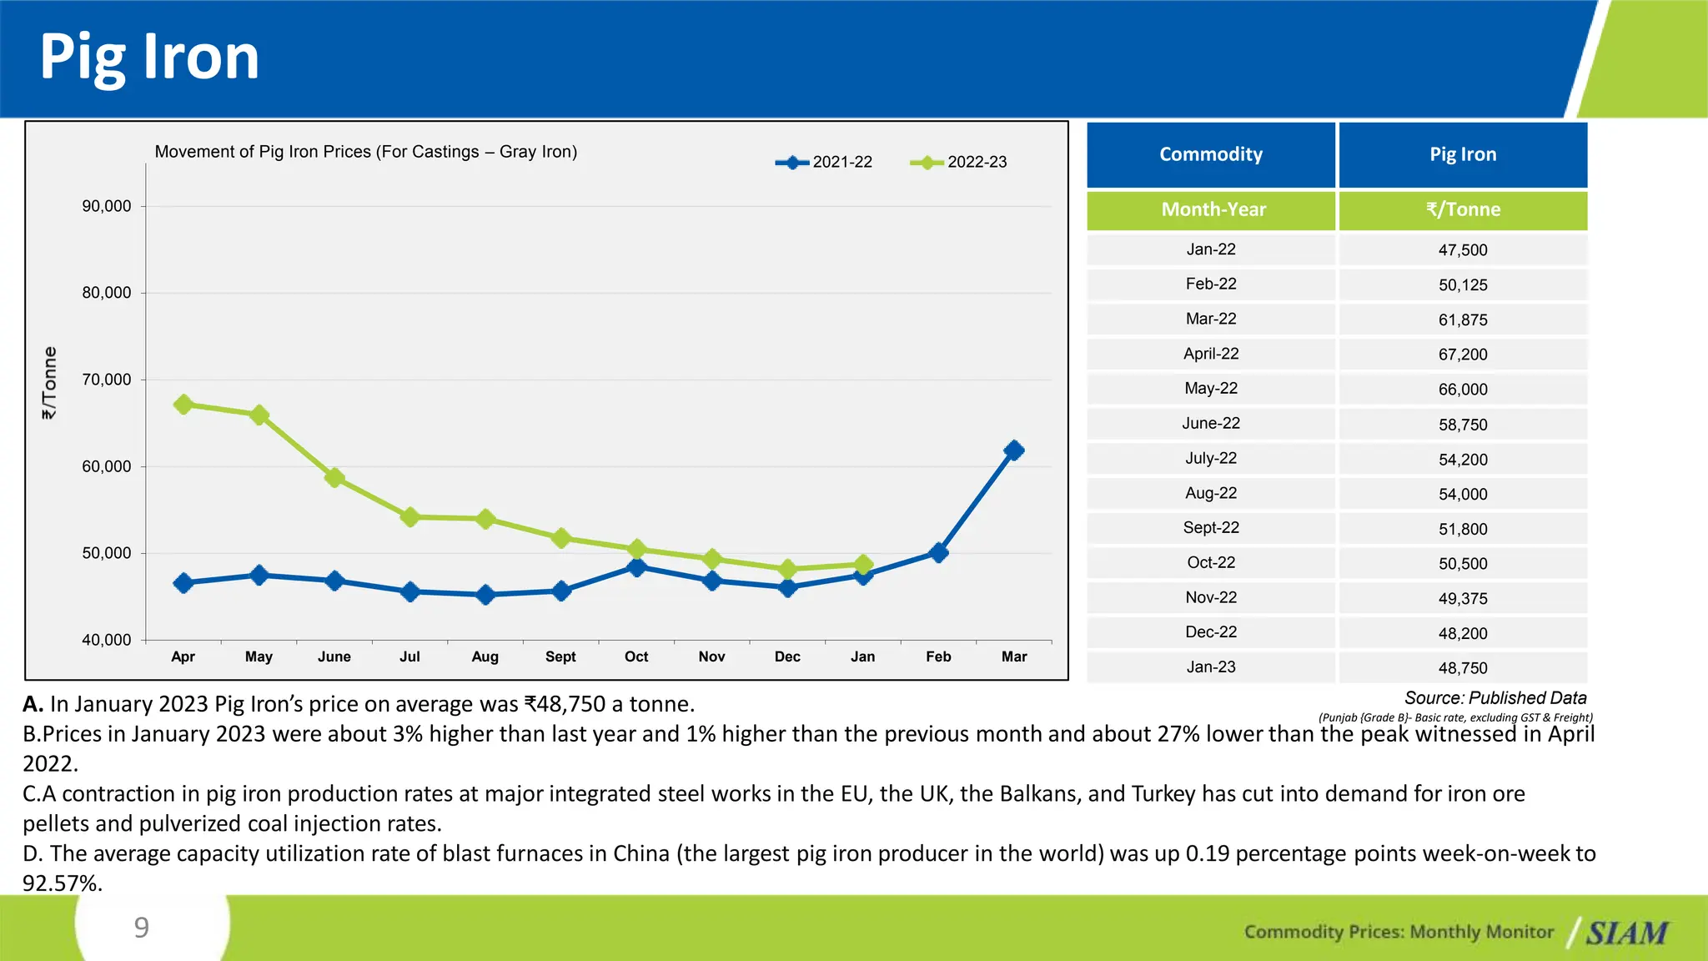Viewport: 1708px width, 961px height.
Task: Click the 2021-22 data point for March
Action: (1014, 450)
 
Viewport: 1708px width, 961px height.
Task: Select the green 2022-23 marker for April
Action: (183, 405)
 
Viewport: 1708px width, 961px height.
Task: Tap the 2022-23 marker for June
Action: (334, 478)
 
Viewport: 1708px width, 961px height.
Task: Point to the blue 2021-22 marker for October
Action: (636, 567)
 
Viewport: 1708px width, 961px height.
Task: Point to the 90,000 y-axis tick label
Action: (107, 206)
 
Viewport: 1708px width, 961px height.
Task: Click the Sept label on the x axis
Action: (560, 657)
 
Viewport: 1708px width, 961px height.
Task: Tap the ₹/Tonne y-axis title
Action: (50, 383)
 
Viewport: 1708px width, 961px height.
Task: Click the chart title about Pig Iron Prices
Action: (366, 152)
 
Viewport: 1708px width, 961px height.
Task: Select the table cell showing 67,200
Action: (1463, 355)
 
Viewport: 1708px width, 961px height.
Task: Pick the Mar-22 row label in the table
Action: (1211, 319)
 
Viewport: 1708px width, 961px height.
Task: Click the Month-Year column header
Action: (1213, 209)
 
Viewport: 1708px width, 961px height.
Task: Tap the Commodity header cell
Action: (1211, 154)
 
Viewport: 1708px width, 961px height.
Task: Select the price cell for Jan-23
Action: (1463, 668)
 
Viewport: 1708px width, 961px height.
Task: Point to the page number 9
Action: (142, 927)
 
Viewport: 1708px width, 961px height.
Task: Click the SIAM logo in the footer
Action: (1626, 933)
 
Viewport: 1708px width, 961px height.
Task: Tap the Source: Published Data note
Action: (1494, 698)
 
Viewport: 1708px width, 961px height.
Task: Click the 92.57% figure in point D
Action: (63, 883)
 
